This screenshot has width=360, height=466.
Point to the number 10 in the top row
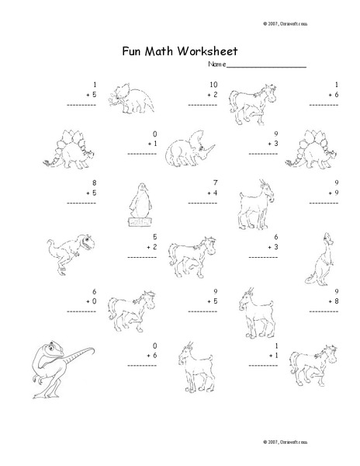coord(213,84)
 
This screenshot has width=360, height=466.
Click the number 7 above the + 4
coord(216,182)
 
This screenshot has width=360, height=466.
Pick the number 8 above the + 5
coord(94,182)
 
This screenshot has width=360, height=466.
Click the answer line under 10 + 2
coord(204,104)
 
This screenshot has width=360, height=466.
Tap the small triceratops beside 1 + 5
coord(130,96)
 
